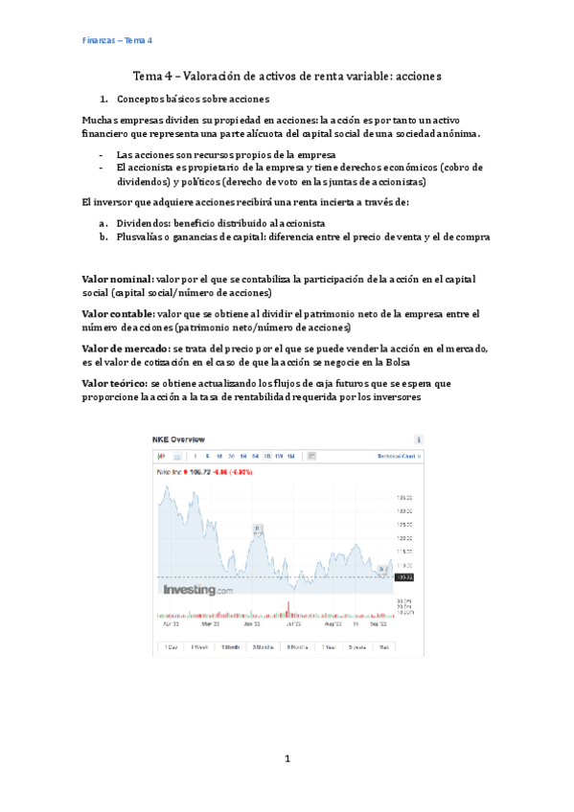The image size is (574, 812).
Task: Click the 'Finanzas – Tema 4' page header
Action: pyautogui.click(x=118, y=41)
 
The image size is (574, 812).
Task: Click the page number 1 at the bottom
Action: pyautogui.click(x=287, y=758)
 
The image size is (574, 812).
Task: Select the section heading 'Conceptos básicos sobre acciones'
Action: pyautogui.click(x=192, y=99)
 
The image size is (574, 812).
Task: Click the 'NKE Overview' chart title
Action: pyautogui.click(x=177, y=439)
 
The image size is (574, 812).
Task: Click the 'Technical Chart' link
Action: pyautogui.click(x=396, y=456)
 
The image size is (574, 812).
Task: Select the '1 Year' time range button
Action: pyautogui.click(x=329, y=647)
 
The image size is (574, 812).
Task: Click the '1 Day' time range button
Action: pyautogui.click(x=171, y=647)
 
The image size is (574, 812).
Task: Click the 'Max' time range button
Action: pyautogui.click(x=383, y=647)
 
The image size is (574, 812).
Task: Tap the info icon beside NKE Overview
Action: pyautogui.click(x=419, y=439)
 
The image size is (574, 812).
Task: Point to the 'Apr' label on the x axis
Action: pyautogui.click(x=170, y=623)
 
